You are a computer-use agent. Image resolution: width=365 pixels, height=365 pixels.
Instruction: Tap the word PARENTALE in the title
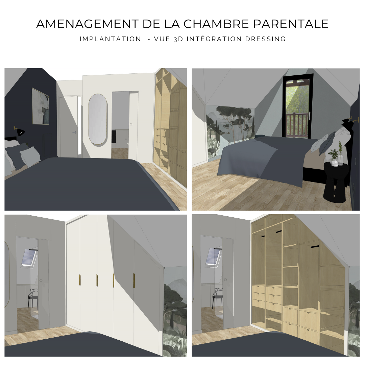pos(291,24)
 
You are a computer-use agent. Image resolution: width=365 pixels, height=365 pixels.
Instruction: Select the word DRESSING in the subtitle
pos(266,39)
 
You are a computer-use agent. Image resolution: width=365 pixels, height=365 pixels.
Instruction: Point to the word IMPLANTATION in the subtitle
pos(110,39)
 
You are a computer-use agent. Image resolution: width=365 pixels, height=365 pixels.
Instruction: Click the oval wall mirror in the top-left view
pos(98,120)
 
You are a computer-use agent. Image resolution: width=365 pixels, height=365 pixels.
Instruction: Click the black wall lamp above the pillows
pos(20,131)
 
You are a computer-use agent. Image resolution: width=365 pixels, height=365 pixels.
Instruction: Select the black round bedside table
pos(336,181)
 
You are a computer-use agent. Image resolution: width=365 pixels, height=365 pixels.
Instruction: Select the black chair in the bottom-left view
pos(33,299)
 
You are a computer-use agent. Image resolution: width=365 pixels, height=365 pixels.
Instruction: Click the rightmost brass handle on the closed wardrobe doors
pos(134,280)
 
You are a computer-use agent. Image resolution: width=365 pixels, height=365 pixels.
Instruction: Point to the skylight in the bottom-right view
pos(214,258)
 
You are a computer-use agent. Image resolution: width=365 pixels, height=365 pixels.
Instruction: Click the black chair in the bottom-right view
pos(217,299)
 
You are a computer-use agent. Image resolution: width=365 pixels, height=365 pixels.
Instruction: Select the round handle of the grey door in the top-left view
pos(75,132)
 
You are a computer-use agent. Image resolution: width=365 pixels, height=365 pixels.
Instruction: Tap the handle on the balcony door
pos(310,114)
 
